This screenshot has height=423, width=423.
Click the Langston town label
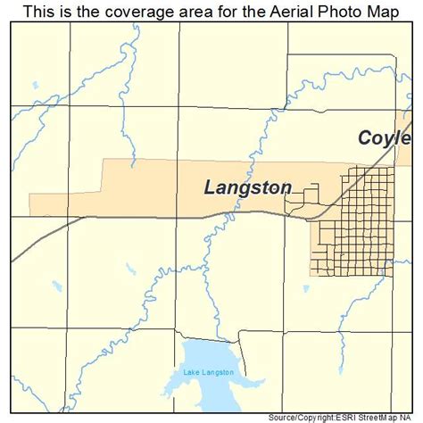pyautogui.click(x=247, y=187)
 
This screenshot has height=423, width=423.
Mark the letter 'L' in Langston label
pyautogui.click(x=211, y=187)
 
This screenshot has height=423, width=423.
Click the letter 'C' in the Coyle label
pyautogui.click(x=365, y=138)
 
